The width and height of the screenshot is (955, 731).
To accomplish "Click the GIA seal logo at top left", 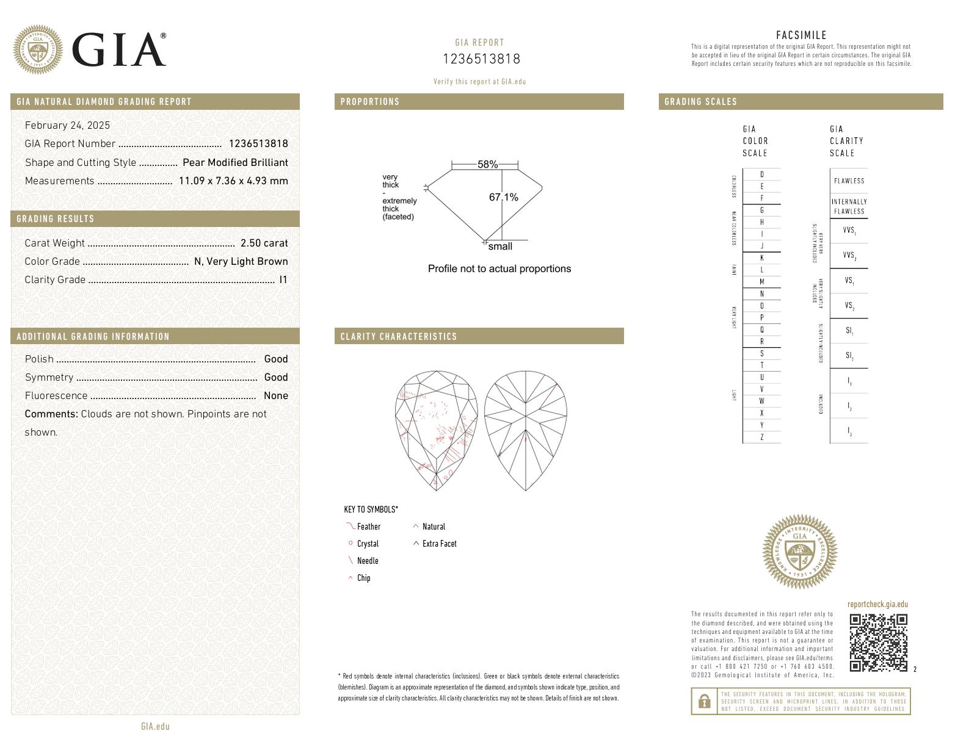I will (x=38, y=50).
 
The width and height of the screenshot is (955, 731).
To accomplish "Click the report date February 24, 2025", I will (x=67, y=125).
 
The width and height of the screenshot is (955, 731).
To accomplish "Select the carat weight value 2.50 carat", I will (x=264, y=243).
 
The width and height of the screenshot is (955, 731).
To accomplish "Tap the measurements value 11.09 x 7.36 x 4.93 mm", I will (x=233, y=181).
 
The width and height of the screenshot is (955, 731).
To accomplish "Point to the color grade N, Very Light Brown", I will (x=241, y=261).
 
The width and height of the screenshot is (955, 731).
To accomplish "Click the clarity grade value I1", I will (x=283, y=279).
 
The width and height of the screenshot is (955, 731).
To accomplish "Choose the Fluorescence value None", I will (x=275, y=395).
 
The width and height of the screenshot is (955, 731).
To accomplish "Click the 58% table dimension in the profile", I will (x=487, y=165).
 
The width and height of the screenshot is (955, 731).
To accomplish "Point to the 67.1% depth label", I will (x=503, y=197).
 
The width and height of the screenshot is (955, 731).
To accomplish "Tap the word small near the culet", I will (x=500, y=247).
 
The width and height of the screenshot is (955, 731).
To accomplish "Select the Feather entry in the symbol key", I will (x=368, y=527).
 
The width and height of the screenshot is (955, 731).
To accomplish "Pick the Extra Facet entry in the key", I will (x=439, y=544).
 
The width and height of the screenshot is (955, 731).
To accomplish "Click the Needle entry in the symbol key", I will (x=367, y=561).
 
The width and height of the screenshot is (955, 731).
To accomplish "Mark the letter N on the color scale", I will (x=761, y=293).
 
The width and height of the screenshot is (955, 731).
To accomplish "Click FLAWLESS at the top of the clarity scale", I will (x=849, y=181).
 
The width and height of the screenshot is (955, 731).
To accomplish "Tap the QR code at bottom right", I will (x=878, y=643).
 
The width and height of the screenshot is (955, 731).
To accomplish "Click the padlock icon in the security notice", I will (x=704, y=702).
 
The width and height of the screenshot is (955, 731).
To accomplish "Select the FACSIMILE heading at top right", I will (x=801, y=35).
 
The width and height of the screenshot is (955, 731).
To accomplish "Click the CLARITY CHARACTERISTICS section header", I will (x=398, y=336).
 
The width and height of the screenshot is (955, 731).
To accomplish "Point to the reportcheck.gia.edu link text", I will (x=877, y=605).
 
